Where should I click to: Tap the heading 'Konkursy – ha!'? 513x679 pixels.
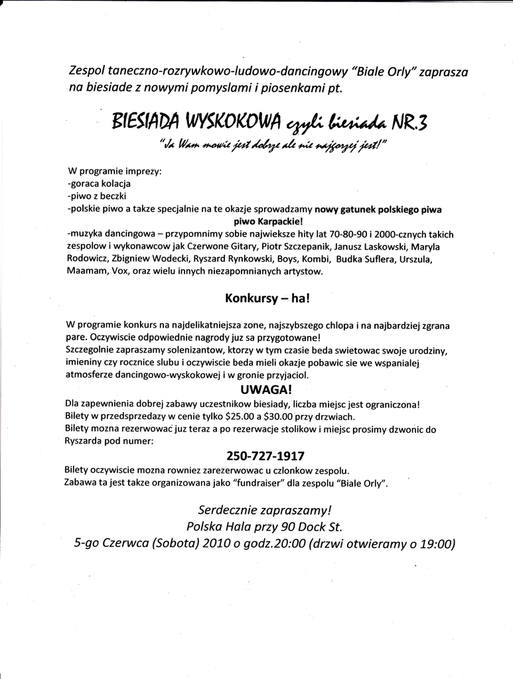267,298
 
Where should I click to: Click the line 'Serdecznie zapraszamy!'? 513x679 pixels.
264,510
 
